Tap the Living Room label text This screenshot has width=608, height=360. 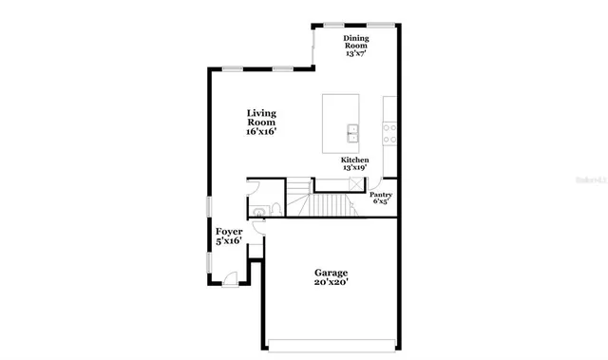[x=261, y=118]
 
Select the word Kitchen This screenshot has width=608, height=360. [x=355, y=160]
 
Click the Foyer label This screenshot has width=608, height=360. [x=229, y=232]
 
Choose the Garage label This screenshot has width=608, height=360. [x=332, y=271]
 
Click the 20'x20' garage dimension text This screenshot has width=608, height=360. [x=332, y=281]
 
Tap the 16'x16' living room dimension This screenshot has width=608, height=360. [x=261, y=133]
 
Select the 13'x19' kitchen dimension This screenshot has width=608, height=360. [x=355, y=168]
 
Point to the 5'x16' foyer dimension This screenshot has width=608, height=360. [x=229, y=242]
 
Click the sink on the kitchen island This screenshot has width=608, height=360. [x=352, y=132]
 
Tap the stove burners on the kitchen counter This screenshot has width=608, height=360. [x=389, y=133]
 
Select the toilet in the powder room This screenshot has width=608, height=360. [x=268, y=209]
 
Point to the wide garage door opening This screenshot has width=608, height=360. [x=332, y=343]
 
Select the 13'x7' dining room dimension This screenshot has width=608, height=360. [x=356, y=54]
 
